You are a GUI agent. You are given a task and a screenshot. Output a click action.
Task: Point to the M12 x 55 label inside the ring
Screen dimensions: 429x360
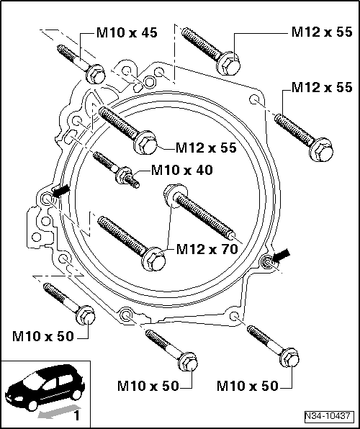(207, 148)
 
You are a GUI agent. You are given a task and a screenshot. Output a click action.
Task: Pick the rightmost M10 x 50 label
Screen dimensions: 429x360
(248, 386)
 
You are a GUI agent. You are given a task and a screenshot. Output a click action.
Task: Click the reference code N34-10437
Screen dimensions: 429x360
(326, 416)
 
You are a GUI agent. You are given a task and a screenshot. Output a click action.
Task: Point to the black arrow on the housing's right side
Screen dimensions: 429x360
(283, 253)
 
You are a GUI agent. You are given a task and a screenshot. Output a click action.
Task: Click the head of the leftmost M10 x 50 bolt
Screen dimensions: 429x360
(84, 315)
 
